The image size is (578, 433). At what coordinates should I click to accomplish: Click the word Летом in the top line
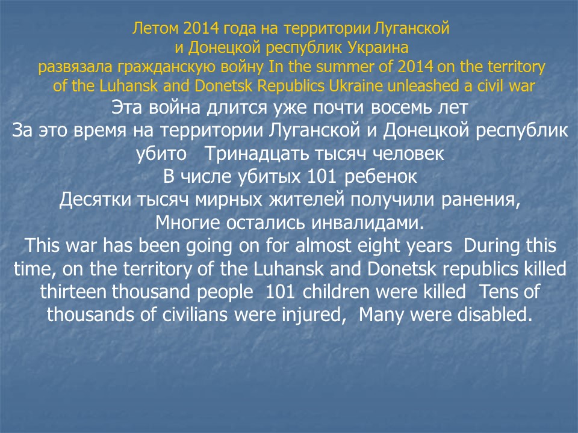[155, 28]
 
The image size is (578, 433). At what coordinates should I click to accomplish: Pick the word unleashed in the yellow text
[423, 86]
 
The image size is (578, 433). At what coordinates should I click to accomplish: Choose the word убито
[161, 153]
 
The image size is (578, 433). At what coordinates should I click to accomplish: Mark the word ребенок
[381, 176]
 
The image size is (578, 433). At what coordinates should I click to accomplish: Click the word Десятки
[95, 200]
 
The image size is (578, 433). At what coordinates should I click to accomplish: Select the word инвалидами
[367, 223]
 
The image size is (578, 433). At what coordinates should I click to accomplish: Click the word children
[336, 292]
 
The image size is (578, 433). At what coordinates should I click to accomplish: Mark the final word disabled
[495, 315]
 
